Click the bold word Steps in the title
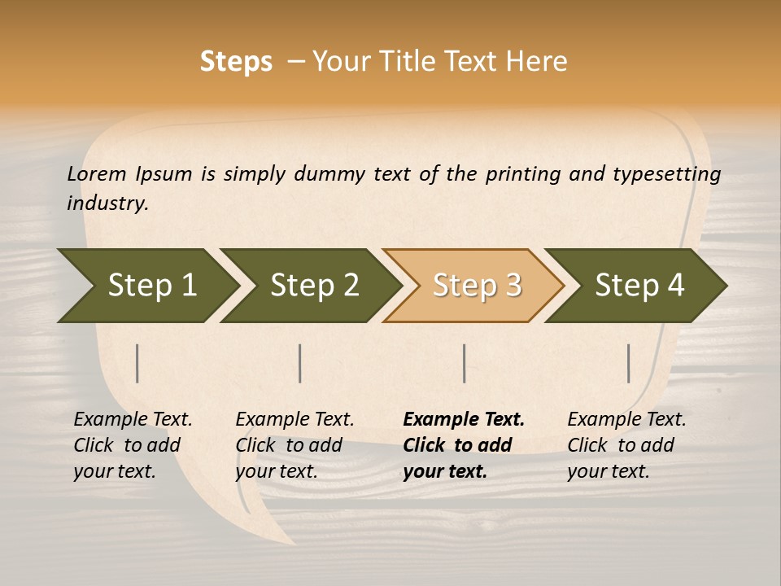(236, 62)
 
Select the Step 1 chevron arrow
(146, 286)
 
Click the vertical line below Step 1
(137, 363)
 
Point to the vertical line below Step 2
(300, 363)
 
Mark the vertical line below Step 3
(464, 363)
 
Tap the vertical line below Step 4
(628, 363)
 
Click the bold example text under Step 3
(463, 445)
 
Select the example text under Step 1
(133, 445)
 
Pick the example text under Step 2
(295, 445)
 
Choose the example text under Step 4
(626, 445)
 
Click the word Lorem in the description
(97, 173)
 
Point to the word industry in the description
(107, 203)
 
